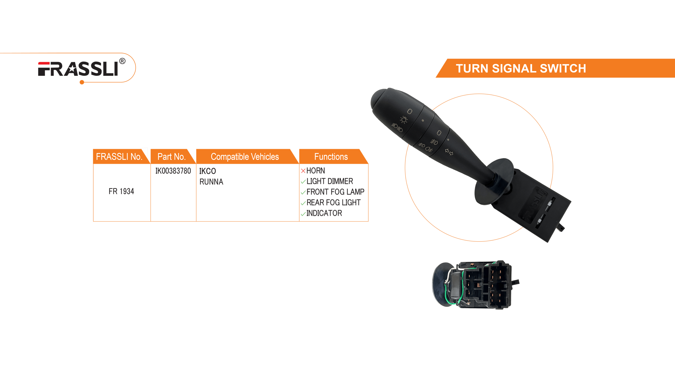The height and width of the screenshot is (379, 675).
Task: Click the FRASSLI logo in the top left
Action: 78,69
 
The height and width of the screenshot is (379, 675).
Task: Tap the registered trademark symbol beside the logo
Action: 122,61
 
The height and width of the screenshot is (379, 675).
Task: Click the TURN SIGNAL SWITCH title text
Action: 521,68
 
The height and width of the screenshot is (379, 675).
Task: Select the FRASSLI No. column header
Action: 119,157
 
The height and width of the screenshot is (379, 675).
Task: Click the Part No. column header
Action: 171,157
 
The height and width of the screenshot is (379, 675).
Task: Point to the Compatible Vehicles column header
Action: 245,157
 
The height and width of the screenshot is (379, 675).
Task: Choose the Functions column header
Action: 331,157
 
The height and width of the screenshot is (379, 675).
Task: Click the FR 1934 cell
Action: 121,191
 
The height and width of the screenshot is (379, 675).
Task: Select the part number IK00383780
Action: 173,171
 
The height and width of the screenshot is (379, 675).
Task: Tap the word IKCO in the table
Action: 208,171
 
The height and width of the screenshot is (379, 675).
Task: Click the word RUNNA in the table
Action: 211,182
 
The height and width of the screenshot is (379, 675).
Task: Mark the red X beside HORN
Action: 303,171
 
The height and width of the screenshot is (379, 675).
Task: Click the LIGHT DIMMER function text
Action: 330,181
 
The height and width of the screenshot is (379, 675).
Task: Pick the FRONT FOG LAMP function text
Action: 335,192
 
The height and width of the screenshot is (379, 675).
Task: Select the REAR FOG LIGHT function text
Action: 333,202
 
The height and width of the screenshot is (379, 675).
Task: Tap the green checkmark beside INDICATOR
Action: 303,214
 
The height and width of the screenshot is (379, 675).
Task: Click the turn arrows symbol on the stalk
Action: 449,152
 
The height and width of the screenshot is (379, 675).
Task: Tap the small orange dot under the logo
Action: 82,82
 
